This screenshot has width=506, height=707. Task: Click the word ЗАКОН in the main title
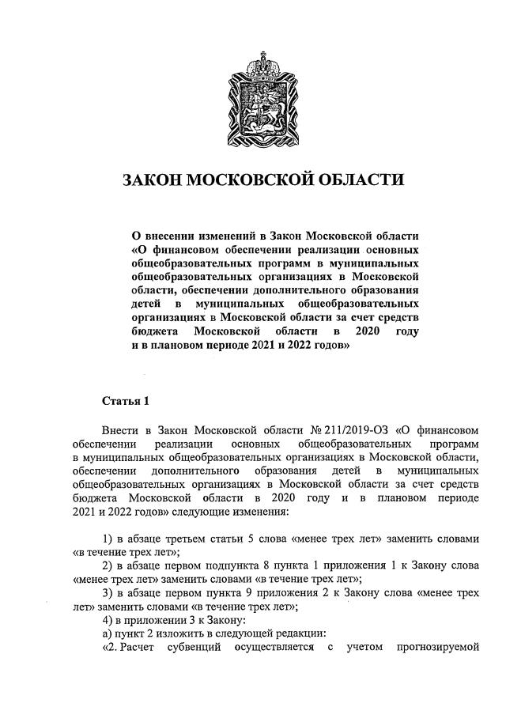[150, 180]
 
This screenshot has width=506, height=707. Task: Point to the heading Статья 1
[126, 401]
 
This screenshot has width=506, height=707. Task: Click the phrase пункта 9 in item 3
[247, 593]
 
